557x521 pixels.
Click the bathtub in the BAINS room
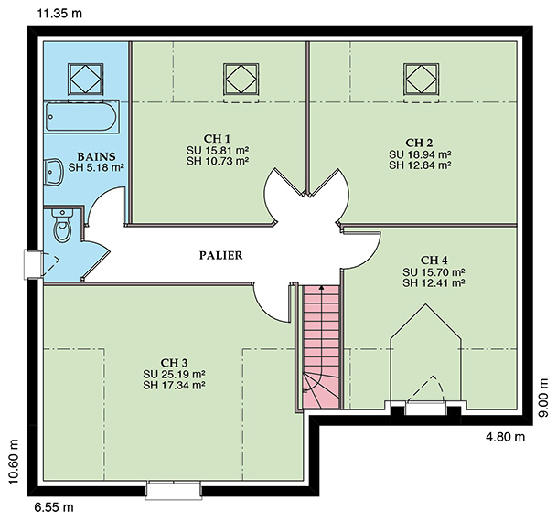[81, 116]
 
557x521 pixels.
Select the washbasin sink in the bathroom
[52, 172]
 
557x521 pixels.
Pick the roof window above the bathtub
[86, 80]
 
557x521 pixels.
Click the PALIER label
[221, 255]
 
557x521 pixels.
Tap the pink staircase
[321, 346]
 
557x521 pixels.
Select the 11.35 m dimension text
[59, 14]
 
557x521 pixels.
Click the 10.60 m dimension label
[13, 462]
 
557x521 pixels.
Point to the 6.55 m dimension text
[54, 507]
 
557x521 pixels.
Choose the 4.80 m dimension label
[505, 437]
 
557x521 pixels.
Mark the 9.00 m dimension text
[544, 399]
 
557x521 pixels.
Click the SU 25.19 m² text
[175, 374]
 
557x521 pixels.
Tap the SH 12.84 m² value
[420, 165]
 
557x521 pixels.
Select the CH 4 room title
[434, 260]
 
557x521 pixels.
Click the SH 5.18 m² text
[96, 167]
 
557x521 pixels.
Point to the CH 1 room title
[217, 138]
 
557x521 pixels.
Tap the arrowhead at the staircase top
[321, 287]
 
